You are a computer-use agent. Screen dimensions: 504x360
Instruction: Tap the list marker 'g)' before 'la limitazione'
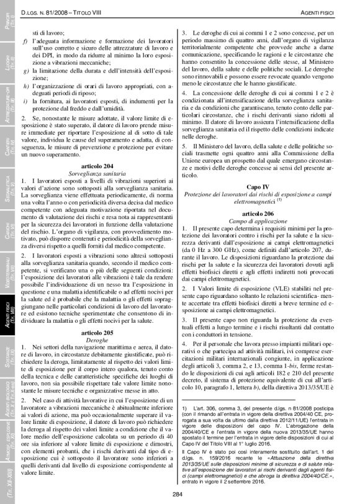pos(24,70)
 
